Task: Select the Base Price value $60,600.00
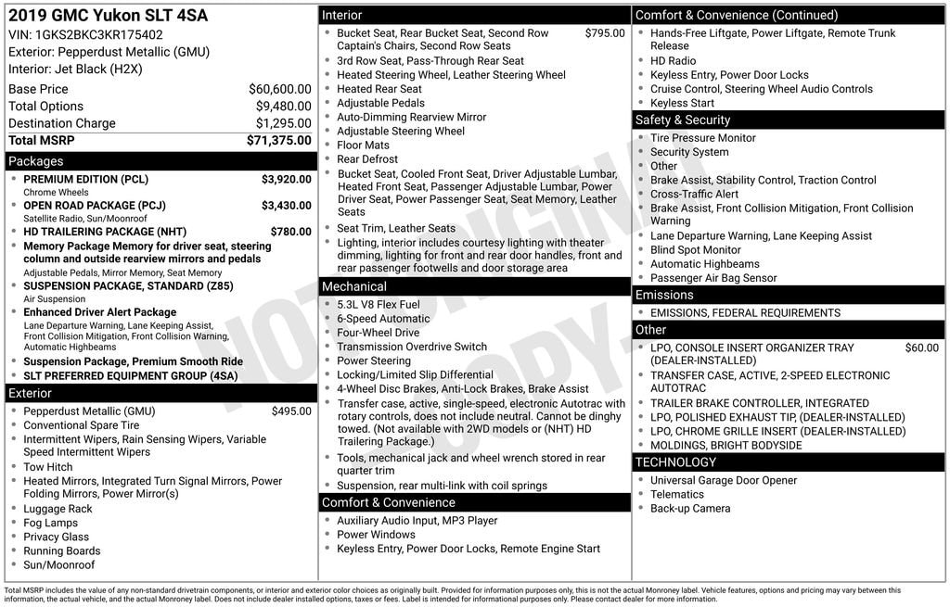point(279,89)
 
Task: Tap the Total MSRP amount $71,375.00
point(278,141)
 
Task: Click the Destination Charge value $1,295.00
point(283,123)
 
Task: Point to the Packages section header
point(37,161)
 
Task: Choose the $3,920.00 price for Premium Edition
point(286,180)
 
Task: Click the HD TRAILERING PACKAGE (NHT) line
point(105,232)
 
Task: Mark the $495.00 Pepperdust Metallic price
point(291,411)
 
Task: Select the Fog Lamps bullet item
point(51,523)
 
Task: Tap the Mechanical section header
point(354,286)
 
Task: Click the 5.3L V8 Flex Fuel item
point(379,305)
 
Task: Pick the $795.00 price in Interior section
point(605,33)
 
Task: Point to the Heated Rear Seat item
point(379,89)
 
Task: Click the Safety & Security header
point(683,120)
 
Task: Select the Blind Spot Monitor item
point(696,250)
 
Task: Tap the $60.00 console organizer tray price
point(921,348)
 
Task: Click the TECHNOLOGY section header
point(676,462)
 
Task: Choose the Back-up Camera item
point(690,509)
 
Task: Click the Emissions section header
point(664,295)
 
